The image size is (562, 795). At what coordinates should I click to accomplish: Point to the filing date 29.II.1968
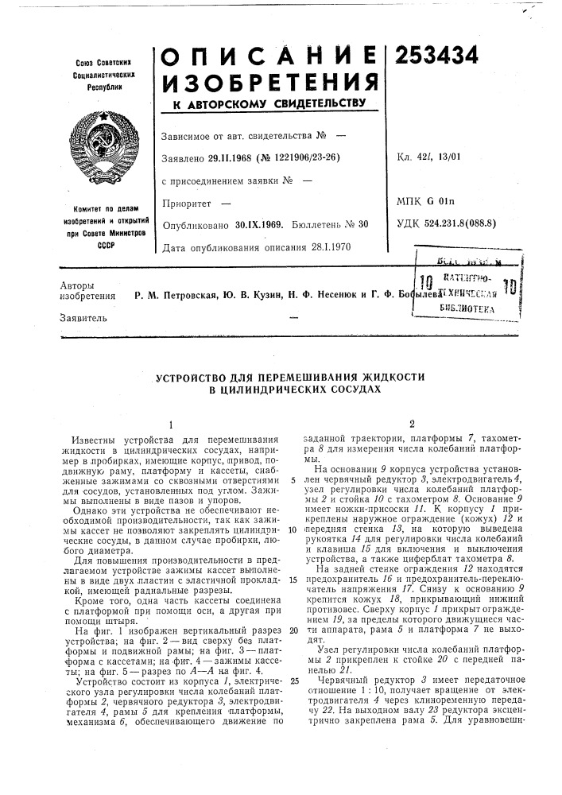pos(249,157)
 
